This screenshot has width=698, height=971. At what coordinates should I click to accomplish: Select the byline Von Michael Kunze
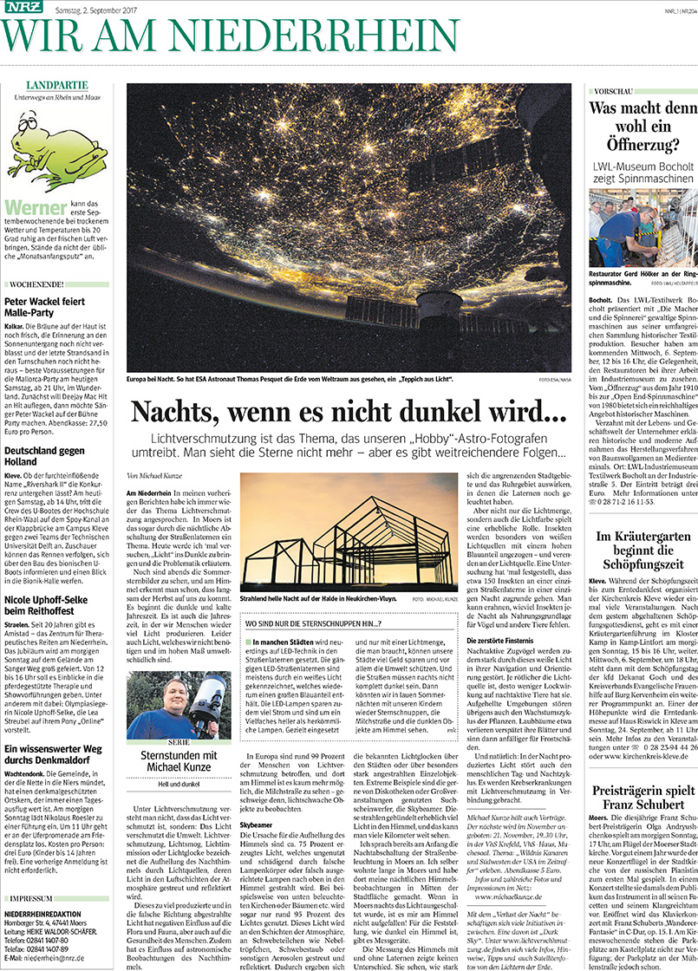(x=157, y=475)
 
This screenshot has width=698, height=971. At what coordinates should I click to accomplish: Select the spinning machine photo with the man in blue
(x=643, y=216)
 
